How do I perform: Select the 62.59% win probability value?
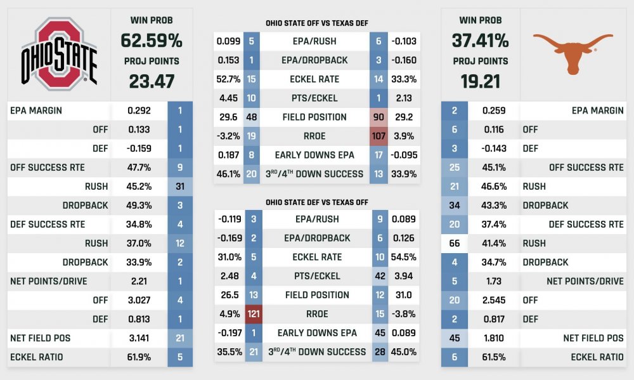pos(152,41)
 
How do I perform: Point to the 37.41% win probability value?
pos(480,41)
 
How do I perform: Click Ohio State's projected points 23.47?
pos(152,81)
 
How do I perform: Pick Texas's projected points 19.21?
pos(480,81)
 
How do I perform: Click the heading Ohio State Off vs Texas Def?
pos(317,23)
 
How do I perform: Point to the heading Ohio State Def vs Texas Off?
pos(317,202)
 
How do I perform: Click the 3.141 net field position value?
pos(139,338)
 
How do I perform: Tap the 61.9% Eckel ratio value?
pos(139,357)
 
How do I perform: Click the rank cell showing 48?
pos(252,117)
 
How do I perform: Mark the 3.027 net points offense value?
pos(139,300)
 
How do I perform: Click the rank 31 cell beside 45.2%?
pos(180,187)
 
